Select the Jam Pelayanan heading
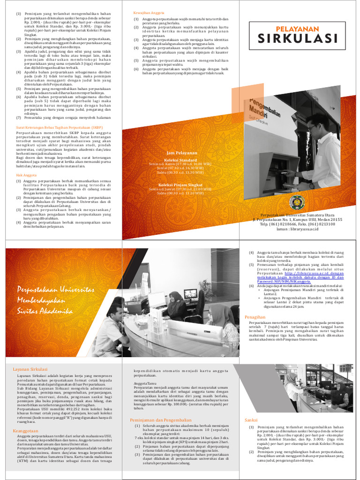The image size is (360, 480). [x=182, y=153]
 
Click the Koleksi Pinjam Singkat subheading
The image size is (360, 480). [x=182, y=185]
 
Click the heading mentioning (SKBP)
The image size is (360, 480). [x=60, y=127]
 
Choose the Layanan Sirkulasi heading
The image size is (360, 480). [x=32, y=369]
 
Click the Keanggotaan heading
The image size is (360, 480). [x=26, y=430]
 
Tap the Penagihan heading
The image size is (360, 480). [x=255, y=317]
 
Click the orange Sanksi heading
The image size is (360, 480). [x=252, y=420]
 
